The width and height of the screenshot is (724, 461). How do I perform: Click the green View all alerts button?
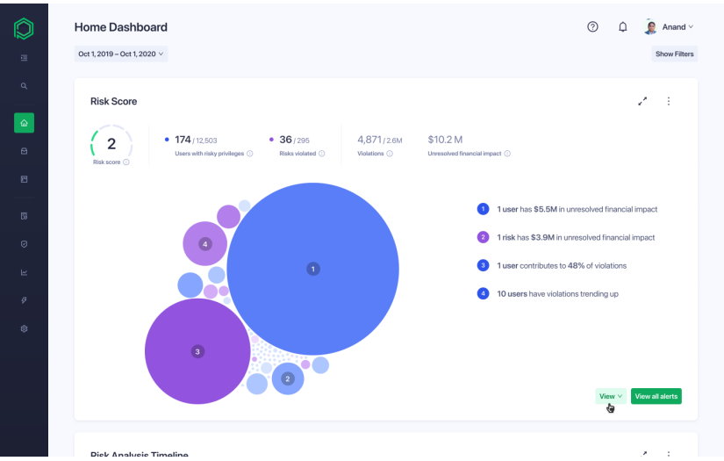point(656,396)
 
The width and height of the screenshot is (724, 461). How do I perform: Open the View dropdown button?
point(610,396)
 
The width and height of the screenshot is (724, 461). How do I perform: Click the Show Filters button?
point(674,54)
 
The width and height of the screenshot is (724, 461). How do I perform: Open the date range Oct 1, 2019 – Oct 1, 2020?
point(120,54)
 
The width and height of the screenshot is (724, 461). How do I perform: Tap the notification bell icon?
point(622,27)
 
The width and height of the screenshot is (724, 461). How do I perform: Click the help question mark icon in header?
point(592,27)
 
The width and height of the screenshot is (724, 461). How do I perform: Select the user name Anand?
point(673,27)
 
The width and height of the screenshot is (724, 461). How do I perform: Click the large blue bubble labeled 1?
point(312,269)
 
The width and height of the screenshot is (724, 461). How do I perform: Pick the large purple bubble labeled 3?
point(197,351)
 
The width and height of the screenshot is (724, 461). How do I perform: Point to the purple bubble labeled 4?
point(204,243)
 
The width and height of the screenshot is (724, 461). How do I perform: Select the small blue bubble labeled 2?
point(287,378)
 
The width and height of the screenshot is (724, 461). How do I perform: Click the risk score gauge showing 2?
point(111,144)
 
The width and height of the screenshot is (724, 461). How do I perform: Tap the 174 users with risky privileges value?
point(183,140)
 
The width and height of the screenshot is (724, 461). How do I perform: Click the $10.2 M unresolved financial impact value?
point(445,140)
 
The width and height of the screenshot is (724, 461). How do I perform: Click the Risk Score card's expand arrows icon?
point(642,101)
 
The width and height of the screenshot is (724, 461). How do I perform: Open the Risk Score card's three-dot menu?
point(668,101)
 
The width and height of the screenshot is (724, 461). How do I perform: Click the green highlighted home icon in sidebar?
point(24,123)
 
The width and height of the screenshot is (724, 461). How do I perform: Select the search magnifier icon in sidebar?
point(24,86)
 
